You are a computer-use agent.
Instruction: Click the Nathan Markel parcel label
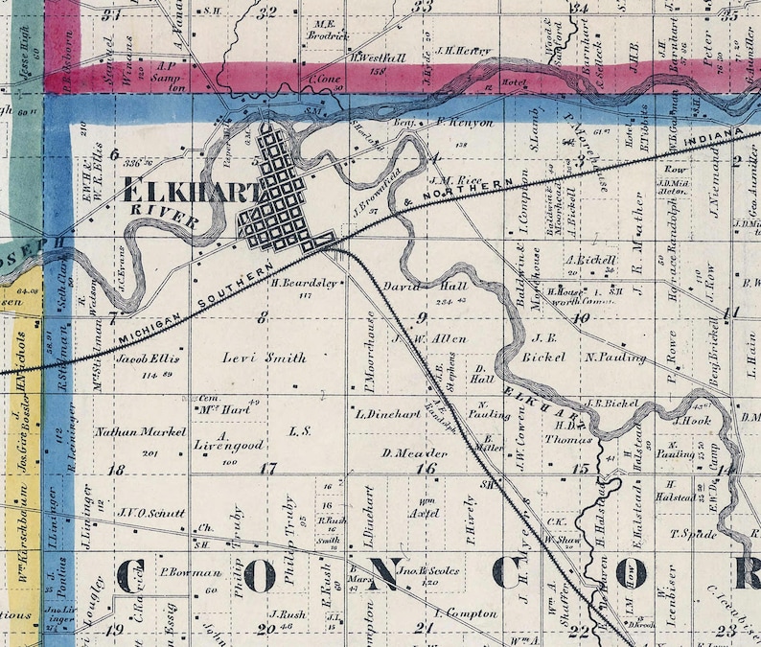click(x=140, y=432)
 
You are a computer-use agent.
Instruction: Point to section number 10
click(x=582, y=317)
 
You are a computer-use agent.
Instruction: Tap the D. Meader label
click(x=409, y=452)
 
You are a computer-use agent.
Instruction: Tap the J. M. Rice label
click(x=455, y=178)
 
